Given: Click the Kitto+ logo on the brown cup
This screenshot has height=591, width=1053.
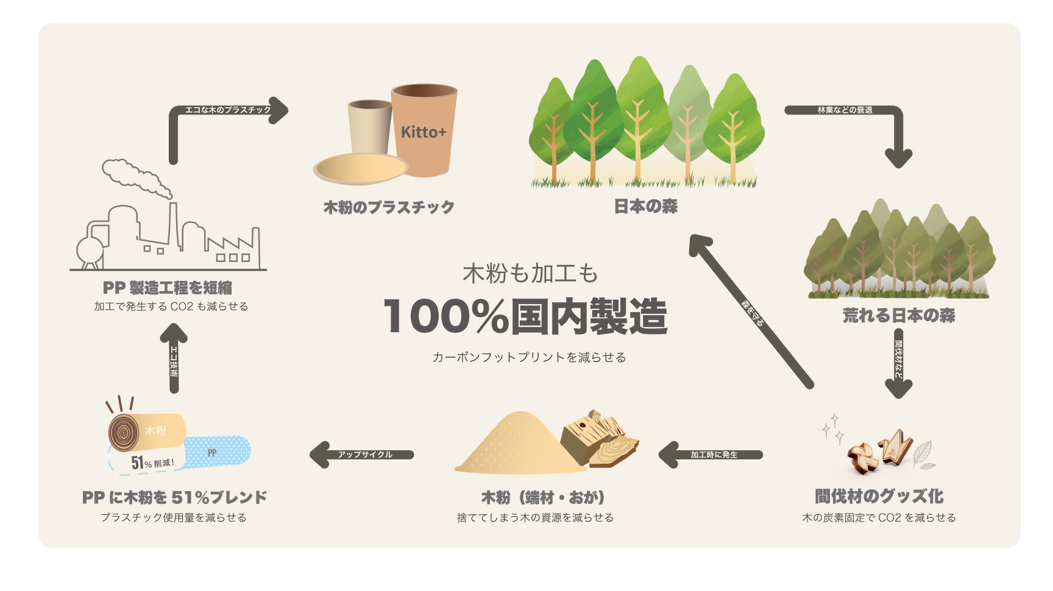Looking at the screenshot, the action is coord(424,132).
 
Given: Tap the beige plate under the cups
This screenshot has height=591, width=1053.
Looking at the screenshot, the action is coord(361,168).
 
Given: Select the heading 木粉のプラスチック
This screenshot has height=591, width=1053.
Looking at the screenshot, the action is coord(389,208).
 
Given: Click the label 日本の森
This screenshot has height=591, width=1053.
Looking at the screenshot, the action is coord(645,207).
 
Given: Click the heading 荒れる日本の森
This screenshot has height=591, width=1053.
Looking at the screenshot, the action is coord(899,316).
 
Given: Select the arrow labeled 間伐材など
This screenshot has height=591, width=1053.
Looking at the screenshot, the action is coord(898,363).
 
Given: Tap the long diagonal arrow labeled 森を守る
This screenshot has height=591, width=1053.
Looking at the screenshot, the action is coord(751,311).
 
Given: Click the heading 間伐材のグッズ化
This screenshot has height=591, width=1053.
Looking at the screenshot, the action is coord(879,497).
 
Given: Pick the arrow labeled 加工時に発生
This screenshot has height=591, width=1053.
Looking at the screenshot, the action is coord(711,455).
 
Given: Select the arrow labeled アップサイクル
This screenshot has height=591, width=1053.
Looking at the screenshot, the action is coord(362,455).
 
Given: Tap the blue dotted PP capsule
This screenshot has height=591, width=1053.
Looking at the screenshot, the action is coord(217,451).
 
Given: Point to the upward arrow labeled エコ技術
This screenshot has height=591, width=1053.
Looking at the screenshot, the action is coord(174,358).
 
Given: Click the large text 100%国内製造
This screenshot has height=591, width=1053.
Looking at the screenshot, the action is coord(526,316).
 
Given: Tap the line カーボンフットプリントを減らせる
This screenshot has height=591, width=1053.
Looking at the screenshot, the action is coord(529,358).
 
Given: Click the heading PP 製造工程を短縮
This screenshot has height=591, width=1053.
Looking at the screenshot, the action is coord(168,288).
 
